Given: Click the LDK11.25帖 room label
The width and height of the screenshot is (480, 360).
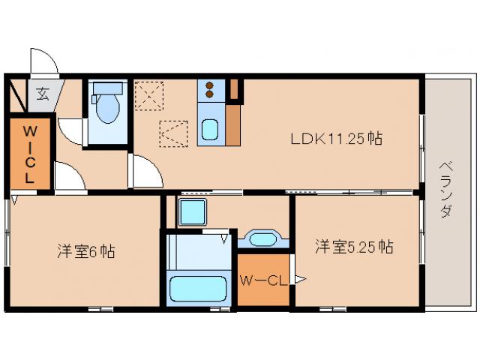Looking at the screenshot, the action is pyautogui.click(x=336, y=139).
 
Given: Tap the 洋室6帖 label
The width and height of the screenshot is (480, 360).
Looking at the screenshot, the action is pyautogui.click(x=86, y=252).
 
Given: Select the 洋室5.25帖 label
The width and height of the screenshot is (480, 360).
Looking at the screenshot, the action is pyautogui.click(x=354, y=247).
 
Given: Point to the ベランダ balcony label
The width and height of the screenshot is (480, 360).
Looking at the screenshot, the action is pyautogui.click(x=446, y=189).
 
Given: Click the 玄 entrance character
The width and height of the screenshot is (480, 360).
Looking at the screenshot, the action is pyautogui.click(x=43, y=94).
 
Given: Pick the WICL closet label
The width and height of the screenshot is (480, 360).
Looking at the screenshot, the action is pyautogui.click(x=30, y=154).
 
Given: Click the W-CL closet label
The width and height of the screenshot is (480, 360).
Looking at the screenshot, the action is pyautogui.click(x=264, y=280).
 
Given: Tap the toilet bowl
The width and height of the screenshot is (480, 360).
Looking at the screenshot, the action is pyautogui.click(x=107, y=108).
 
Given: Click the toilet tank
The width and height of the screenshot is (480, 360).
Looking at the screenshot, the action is pyautogui.click(x=107, y=88).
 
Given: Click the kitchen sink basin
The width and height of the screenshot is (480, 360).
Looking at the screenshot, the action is pyautogui.click(x=210, y=130).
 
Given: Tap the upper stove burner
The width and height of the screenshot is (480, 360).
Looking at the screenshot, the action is pyautogui.click(x=209, y=85).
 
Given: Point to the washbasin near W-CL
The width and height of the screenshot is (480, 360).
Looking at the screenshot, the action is pyautogui.click(x=263, y=239).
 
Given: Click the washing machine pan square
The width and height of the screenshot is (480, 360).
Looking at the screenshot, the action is pyautogui.click(x=192, y=212).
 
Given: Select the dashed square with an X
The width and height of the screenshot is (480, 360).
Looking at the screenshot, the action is pyautogui.click(x=148, y=95).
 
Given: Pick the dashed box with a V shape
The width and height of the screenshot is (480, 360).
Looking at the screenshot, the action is pyautogui.click(x=173, y=133).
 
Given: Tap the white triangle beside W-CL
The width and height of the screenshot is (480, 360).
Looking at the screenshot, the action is pyautogui.click(x=300, y=279).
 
